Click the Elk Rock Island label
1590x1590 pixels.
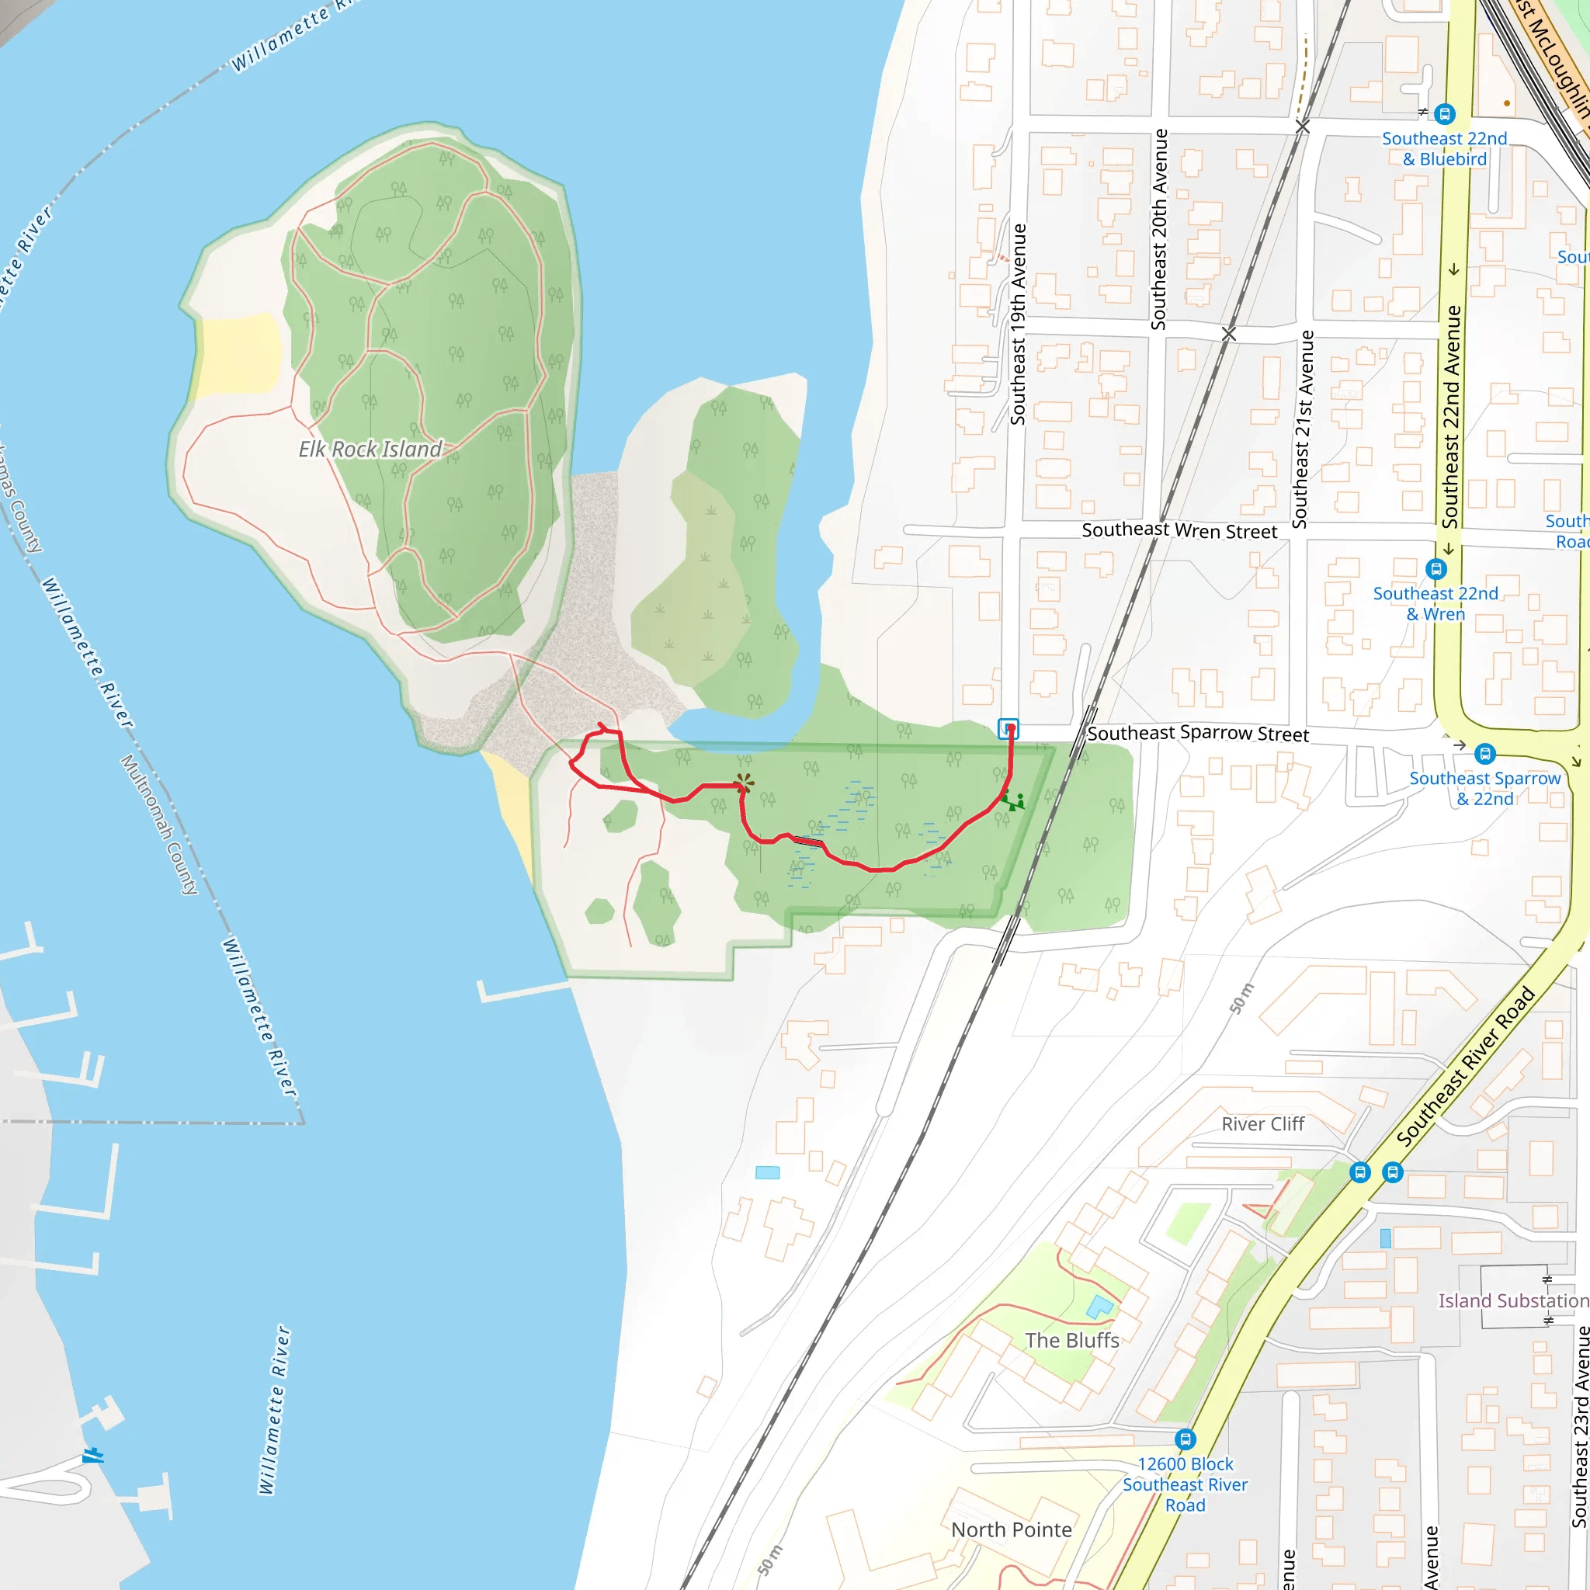pyautogui.click(x=370, y=450)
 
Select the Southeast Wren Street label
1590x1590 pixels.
pyautogui.click(x=1179, y=531)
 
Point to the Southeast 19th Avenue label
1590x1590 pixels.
pyautogui.click(x=1018, y=325)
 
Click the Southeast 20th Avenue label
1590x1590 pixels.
pyautogui.click(x=1159, y=230)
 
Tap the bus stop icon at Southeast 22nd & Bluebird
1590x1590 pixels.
pyautogui.click(x=1444, y=113)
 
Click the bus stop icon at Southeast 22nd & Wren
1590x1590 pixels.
pyautogui.click(x=1436, y=568)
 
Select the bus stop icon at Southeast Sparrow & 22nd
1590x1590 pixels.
pyautogui.click(x=1484, y=753)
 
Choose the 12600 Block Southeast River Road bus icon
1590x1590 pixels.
pyautogui.click(x=1185, y=1439)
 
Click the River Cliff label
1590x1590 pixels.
pyautogui.click(x=1262, y=1124)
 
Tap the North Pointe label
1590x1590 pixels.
pyautogui.click(x=1012, y=1529)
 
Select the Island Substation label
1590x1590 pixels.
pyautogui.click(x=1512, y=1300)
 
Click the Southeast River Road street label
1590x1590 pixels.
pyautogui.click(x=1466, y=1067)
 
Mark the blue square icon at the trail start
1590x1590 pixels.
pyautogui.click(x=1009, y=728)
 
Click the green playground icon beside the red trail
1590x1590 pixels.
pyautogui.click(x=1013, y=800)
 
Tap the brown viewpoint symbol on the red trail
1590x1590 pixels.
pyautogui.click(x=744, y=783)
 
